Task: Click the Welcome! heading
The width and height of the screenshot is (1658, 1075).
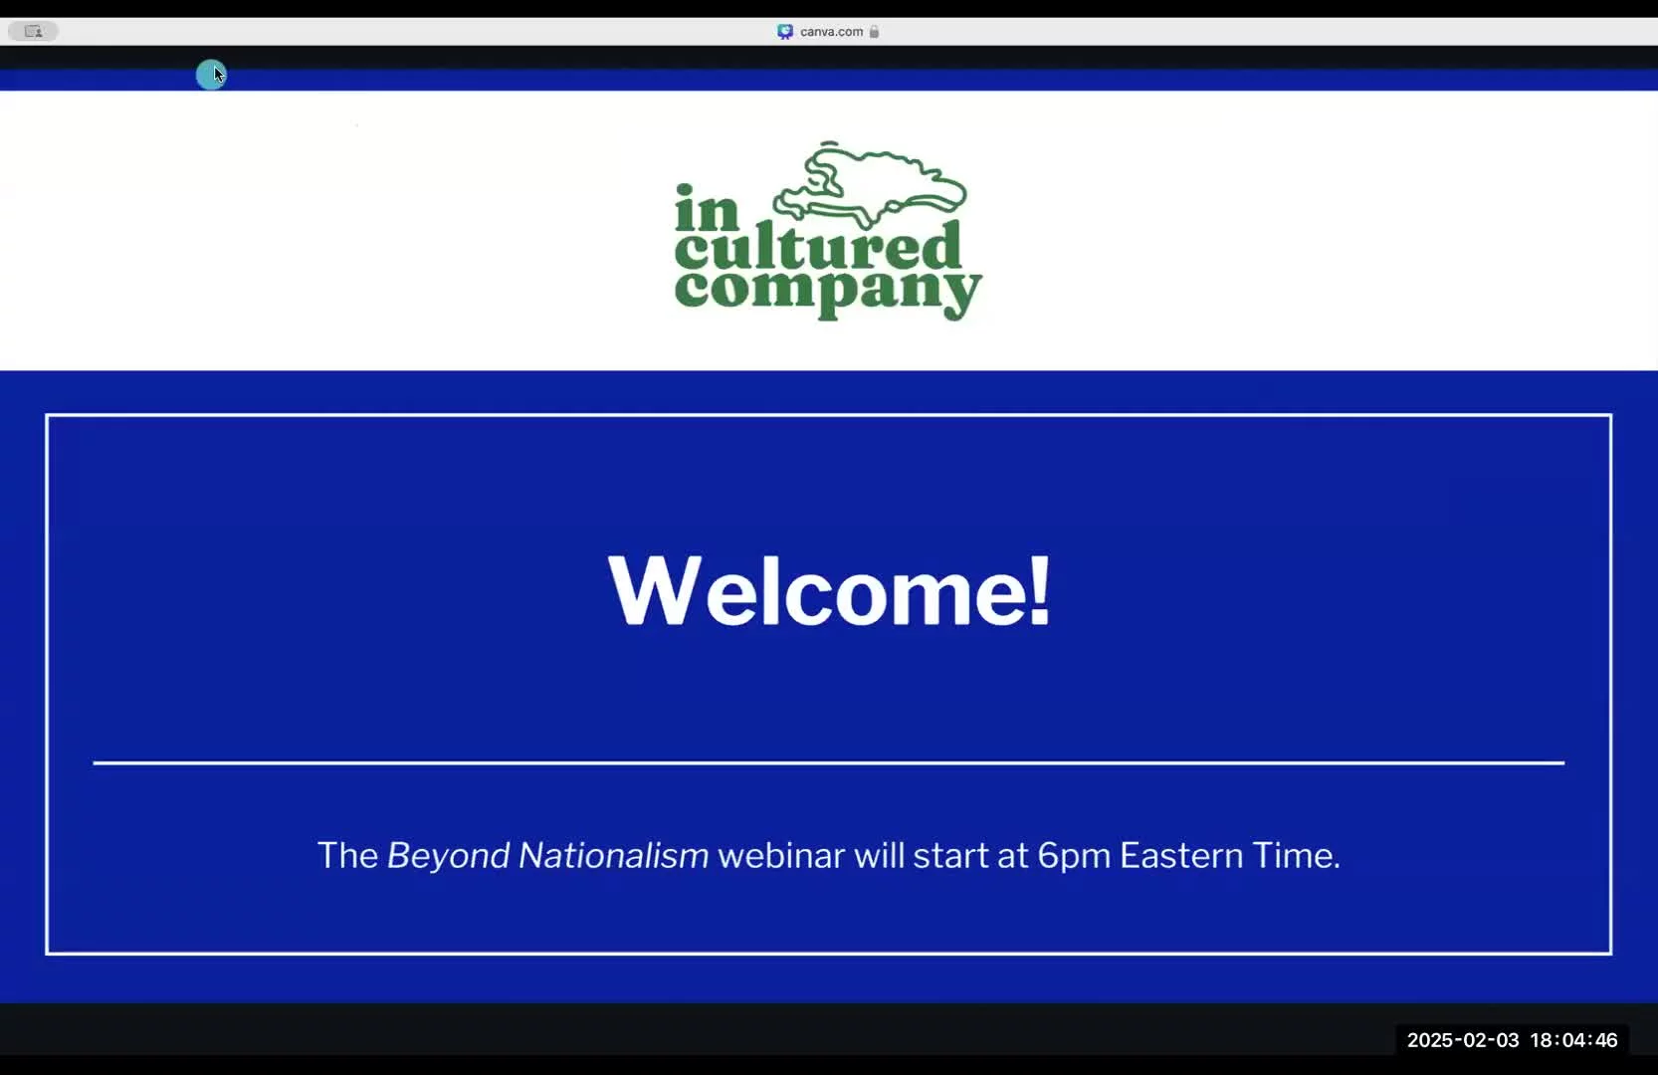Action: click(829, 591)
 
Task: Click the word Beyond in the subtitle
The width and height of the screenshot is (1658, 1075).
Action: click(448, 856)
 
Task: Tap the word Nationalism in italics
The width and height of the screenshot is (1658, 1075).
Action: click(613, 855)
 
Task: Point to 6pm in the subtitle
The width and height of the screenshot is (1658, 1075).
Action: click(1074, 857)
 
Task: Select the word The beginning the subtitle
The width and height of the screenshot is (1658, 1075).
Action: click(347, 855)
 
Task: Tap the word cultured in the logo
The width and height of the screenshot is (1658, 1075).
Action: click(818, 248)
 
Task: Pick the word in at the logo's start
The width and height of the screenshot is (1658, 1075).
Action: click(707, 207)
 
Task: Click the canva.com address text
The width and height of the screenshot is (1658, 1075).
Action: click(831, 32)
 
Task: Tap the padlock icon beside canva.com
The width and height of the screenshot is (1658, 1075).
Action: click(874, 32)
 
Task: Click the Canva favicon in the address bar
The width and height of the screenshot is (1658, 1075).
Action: click(785, 32)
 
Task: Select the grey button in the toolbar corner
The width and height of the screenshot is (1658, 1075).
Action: click(33, 32)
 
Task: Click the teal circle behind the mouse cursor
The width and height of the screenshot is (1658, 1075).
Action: click(210, 75)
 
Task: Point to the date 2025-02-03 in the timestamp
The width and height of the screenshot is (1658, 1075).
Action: click(1463, 1040)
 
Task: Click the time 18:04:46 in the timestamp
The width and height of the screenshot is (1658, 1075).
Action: click(1573, 1040)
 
